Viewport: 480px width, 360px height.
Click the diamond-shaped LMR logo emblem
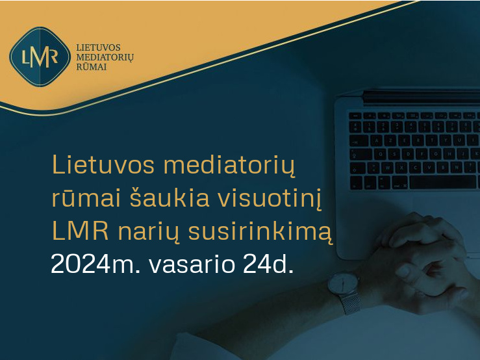click(x=40, y=57)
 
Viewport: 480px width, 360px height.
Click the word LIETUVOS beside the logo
click(x=98, y=48)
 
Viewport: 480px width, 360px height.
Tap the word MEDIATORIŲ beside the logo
click(x=105, y=58)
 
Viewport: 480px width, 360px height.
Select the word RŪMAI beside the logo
click(x=91, y=67)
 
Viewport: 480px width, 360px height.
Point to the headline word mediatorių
click(x=229, y=166)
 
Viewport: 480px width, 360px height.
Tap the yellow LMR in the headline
click(x=81, y=231)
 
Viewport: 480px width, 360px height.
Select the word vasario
click(x=192, y=264)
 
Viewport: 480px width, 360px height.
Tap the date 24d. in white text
click(x=268, y=264)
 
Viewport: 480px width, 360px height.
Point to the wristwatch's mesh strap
click(x=350, y=303)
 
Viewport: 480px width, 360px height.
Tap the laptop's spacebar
click(x=443, y=182)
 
